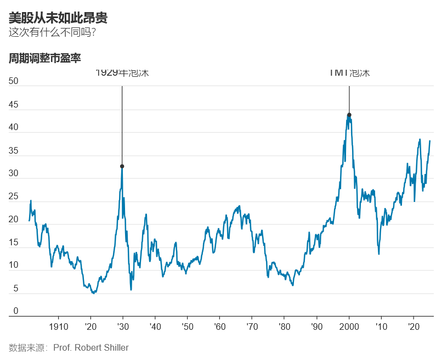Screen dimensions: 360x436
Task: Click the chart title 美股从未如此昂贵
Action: tap(58, 18)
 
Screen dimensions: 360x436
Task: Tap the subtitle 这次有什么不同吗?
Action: tap(53, 32)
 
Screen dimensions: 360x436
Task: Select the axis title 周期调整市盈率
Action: tap(45, 58)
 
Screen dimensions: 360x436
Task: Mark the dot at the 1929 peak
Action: tap(122, 166)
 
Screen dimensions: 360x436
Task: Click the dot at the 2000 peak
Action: tap(349, 115)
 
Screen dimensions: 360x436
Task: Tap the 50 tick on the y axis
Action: tap(14, 81)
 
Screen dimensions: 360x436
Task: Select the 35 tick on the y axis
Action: tap(14, 150)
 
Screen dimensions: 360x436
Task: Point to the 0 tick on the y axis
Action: tap(16, 311)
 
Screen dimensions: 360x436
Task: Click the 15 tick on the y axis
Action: tap(14, 243)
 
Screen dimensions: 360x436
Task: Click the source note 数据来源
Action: tap(27, 347)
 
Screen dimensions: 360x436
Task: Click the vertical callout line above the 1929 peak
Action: tap(122, 121)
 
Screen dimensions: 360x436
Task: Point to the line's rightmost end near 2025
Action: tap(430, 141)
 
